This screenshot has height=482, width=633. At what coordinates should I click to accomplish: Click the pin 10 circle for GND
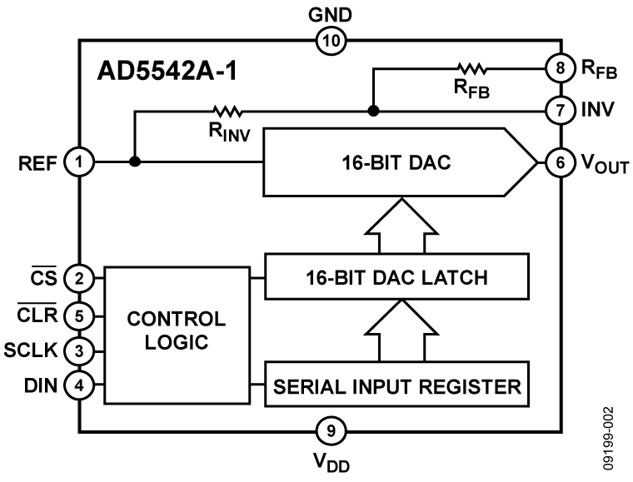tap(330, 40)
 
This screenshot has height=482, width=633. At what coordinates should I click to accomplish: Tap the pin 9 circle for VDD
tap(331, 431)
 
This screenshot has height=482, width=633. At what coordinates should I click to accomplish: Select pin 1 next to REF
tap(80, 162)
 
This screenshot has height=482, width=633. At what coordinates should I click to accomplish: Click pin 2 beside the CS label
tap(80, 278)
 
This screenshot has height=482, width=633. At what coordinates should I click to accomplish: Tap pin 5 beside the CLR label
tap(80, 316)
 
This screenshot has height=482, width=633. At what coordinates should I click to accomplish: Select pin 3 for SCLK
tap(80, 350)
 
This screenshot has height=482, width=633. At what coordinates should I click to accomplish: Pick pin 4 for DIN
tap(80, 385)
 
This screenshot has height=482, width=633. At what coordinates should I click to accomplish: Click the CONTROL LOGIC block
tap(176, 331)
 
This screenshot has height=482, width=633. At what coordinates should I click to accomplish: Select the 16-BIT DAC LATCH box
tap(396, 276)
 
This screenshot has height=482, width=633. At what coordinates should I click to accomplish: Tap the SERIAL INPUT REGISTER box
tap(396, 386)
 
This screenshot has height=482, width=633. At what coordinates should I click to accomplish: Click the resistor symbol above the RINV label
tap(225, 110)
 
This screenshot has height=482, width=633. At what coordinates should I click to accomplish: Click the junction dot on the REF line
tap(135, 162)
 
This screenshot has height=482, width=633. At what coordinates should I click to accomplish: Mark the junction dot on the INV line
tap(374, 110)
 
